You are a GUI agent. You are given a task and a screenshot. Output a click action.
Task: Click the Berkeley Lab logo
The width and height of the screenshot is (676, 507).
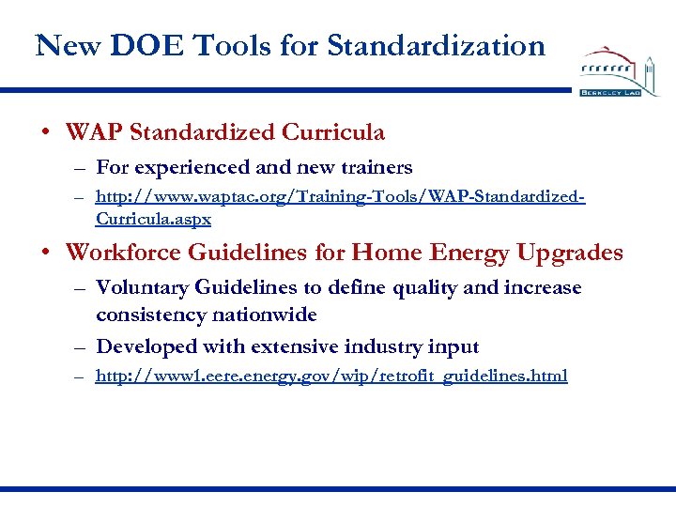(620, 71)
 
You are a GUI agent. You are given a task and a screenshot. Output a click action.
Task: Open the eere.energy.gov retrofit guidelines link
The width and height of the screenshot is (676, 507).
(331, 376)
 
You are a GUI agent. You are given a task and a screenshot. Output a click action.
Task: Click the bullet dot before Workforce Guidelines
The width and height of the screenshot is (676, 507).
(46, 253)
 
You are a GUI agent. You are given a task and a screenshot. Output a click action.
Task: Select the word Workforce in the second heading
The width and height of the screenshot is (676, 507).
(123, 253)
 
